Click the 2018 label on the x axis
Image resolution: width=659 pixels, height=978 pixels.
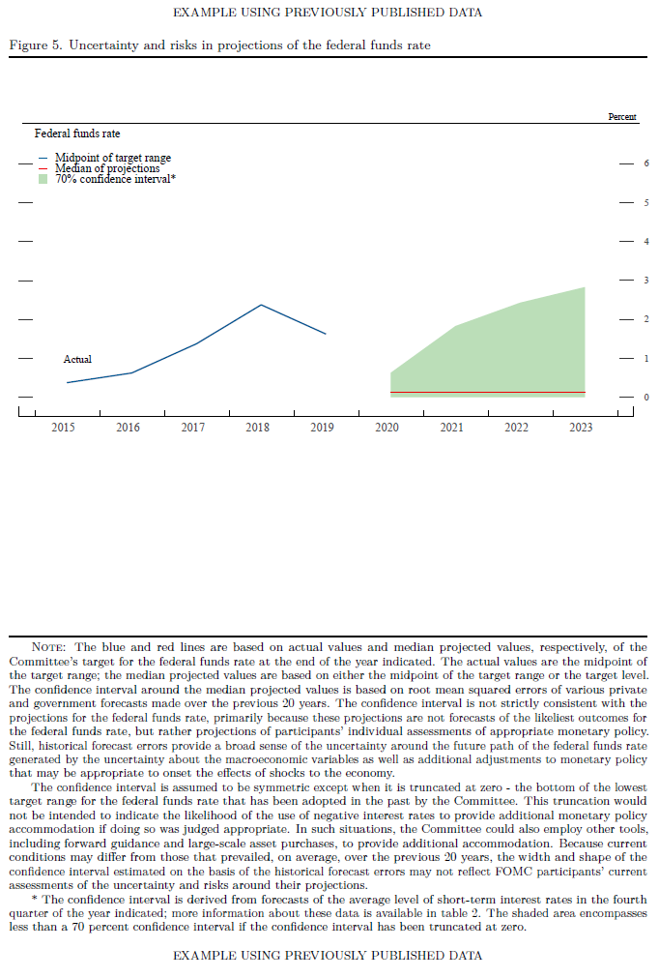[x=257, y=427]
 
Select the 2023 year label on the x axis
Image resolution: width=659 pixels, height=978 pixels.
[x=581, y=427]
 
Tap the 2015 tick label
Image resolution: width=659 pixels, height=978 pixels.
[x=63, y=427]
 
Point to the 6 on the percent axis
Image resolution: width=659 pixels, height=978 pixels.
[x=645, y=163]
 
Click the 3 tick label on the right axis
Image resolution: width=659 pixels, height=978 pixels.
[x=645, y=281]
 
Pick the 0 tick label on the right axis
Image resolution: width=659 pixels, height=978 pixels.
[x=645, y=398]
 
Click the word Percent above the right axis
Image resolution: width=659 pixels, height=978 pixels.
[x=622, y=117]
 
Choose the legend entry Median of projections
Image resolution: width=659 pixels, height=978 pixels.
[x=107, y=168]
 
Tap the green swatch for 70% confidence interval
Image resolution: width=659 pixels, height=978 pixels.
[x=43, y=179]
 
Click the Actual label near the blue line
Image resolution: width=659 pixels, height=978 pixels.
[x=77, y=360]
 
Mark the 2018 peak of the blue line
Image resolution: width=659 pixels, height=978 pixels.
[x=261, y=305]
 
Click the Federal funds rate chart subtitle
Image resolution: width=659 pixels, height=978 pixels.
[x=77, y=133]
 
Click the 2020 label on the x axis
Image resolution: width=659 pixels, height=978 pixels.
[x=387, y=427]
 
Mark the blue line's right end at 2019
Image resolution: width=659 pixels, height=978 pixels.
[x=326, y=334]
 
